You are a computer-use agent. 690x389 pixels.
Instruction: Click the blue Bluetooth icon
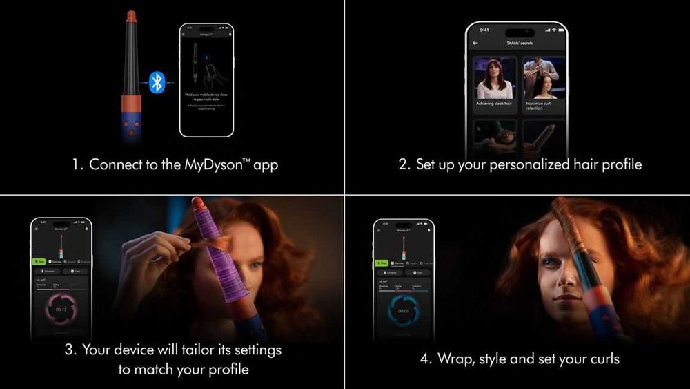click(x=157, y=83)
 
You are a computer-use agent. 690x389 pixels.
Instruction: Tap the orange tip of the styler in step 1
click(x=130, y=16)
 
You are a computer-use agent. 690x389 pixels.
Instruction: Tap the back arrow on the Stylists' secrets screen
click(x=475, y=43)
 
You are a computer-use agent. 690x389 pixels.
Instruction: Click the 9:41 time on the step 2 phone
click(x=484, y=30)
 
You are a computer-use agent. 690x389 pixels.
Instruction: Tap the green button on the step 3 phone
click(x=39, y=262)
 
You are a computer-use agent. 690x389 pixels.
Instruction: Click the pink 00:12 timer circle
click(x=61, y=309)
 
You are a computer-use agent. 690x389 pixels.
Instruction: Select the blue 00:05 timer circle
click(x=403, y=311)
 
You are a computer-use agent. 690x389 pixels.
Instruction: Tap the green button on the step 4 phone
click(x=381, y=263)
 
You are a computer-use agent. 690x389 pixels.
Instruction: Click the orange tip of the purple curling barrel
click(x=198, y=203)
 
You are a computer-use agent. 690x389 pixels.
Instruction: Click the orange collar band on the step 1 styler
click(x=131, y=104)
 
